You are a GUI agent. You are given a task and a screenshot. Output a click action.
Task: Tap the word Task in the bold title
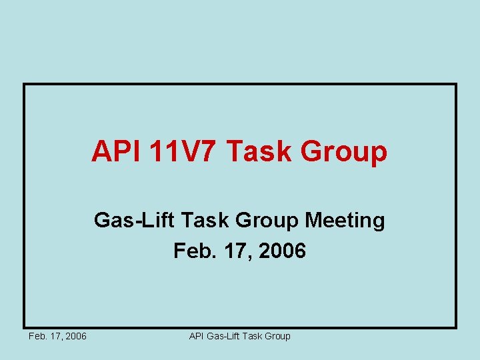tap(259, 152)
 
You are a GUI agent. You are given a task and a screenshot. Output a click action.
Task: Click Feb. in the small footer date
tap(37, 336)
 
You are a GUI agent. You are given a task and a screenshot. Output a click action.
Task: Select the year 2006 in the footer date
tap(76, 336)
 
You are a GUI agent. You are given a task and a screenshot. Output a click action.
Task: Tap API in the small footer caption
tap(197, 336)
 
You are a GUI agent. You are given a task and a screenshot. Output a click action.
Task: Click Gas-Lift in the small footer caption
tap(223, 336)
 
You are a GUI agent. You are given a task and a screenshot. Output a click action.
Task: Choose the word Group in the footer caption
tap(277, 337)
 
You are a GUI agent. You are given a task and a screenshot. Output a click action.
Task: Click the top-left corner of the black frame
tap(24, 84)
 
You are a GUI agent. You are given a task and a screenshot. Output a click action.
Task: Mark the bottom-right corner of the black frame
tap(455, 327)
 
